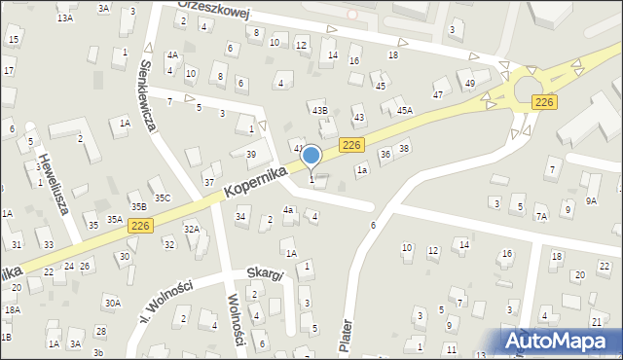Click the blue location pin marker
pos(311,156)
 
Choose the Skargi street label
pos(264,275)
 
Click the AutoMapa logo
pos(562,340)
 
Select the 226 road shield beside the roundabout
pos(545,101)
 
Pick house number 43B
pos(319,111)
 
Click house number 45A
pos(404,110)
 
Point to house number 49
pos(470,84)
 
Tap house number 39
pos(250,155)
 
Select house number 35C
pos(163,198)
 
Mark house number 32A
pos(192,229)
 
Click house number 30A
pos(114,303)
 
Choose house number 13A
pos(65,18)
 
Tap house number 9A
pos(591,200)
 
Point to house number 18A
pos(12,309)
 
